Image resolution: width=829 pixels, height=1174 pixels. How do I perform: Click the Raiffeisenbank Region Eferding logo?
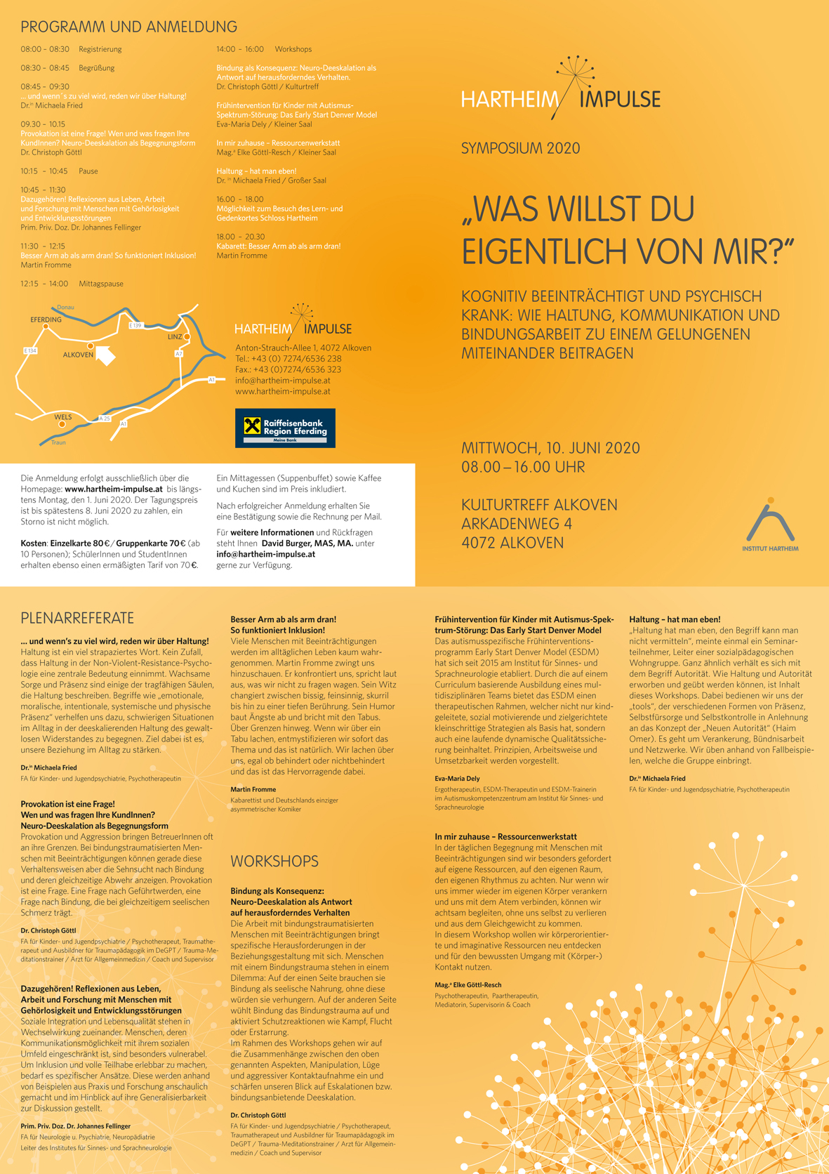(285, 428)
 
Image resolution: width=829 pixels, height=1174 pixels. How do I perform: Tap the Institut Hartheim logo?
(770, 525)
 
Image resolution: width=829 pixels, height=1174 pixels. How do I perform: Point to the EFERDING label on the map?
(46, 319)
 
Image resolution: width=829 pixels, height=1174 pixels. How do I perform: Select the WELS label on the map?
(63, 417)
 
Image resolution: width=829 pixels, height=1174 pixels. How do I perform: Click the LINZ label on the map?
(175, 337)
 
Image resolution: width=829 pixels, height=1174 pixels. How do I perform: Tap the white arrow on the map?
(105, 355)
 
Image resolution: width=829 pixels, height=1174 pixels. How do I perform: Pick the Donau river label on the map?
(65, 308)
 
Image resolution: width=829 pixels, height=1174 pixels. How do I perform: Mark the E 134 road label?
(29, 350)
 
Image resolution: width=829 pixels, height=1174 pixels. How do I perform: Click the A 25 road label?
(105, 418)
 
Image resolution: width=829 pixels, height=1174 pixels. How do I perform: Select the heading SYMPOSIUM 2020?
(520, 148)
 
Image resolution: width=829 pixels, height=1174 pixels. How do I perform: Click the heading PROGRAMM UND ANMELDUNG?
(128, 27)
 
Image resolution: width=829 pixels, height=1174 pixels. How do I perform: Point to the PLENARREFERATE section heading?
(77, 618)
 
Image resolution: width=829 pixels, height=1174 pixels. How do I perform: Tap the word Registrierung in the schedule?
(100, 49)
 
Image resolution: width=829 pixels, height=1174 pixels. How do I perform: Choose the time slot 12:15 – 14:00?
(44, 284)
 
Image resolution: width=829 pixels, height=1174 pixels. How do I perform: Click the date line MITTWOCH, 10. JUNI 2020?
(550, 448)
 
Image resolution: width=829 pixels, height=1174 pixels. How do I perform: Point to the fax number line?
(288, 369)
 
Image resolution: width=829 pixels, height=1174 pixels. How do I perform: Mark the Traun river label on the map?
(58, 442)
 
